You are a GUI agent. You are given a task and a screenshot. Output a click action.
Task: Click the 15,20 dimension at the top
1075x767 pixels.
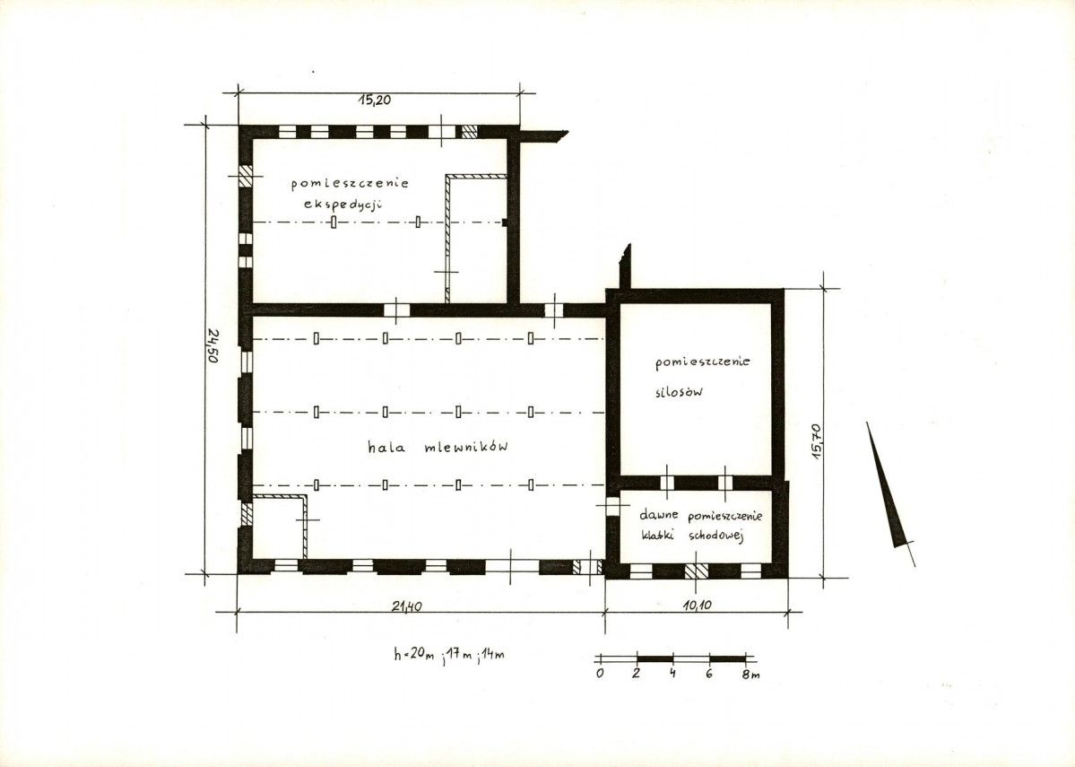tap(374, 100)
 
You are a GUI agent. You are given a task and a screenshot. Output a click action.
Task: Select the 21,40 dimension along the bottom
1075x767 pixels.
tap(406, 606)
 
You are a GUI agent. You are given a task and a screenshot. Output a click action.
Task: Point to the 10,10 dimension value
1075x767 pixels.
tap(698, 606)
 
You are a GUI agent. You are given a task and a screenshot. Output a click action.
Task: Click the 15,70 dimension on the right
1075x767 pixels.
tap(816, 441)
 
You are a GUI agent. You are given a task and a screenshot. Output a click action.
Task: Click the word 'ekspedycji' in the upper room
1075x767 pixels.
tap(342, 205)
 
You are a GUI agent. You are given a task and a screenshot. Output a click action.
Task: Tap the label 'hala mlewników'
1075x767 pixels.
tap(438, 448)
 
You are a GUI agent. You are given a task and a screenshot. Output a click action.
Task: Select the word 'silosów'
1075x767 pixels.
tap(679, 392)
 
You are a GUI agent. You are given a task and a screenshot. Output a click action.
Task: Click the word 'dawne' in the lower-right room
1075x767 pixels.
tap(659, 515)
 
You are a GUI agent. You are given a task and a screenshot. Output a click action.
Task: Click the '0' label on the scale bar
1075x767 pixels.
tap(600, 674)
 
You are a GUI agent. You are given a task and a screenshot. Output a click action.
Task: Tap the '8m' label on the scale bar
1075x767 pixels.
tap(750, 675)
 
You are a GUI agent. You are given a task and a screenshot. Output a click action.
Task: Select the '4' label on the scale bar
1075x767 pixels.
tap(673, 673)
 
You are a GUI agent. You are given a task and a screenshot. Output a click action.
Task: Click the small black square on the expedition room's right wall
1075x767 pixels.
tap(506, 222)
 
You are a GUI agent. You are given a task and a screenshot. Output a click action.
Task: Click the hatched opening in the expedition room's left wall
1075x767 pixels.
tap(246, 175)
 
